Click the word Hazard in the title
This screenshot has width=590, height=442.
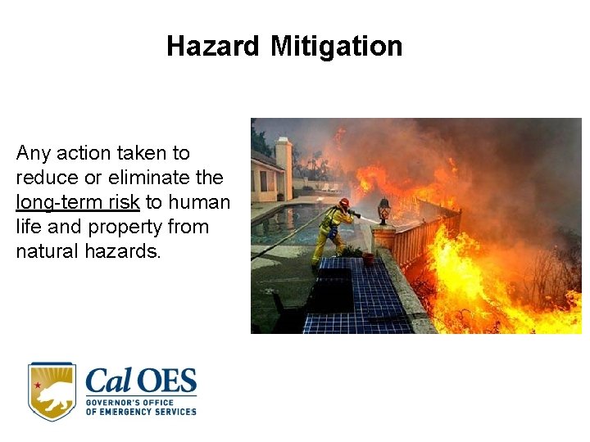click(212, 46)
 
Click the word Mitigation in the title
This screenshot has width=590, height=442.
click(336, 46)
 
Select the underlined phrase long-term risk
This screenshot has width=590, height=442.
click(78, 202)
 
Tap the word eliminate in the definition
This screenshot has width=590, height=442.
click(144, 178)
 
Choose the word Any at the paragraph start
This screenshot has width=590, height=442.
click(33, 153)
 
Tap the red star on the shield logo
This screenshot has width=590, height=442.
click(38, 384)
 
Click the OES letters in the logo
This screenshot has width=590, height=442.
click(168, 381)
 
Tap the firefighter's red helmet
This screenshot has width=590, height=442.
click(344, 202)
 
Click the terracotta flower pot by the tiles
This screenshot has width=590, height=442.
click(369, 258)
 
